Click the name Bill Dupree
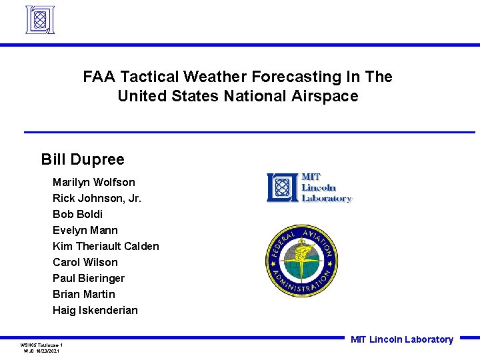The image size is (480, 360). coord(83,159)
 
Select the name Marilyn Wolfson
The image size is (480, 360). coord(93,182)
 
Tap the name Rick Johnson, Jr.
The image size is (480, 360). coord(97,198)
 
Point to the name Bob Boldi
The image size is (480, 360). coord(77,214)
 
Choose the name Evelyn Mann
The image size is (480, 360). coord(85,230)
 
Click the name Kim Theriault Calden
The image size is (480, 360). coord(105,246)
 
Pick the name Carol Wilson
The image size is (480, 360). coord(85,262)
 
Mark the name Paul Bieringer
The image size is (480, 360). coord(88,278)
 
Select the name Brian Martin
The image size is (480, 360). coord(83,294)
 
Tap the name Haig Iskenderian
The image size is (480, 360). coord(95,310)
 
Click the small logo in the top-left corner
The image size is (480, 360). coord(39,20)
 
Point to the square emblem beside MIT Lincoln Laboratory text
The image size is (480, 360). coord(283,187)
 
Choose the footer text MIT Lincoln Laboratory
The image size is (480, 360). coord(401,339)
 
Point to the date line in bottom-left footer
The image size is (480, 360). coord(41,351)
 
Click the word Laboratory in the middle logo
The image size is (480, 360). coord(326,198)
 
